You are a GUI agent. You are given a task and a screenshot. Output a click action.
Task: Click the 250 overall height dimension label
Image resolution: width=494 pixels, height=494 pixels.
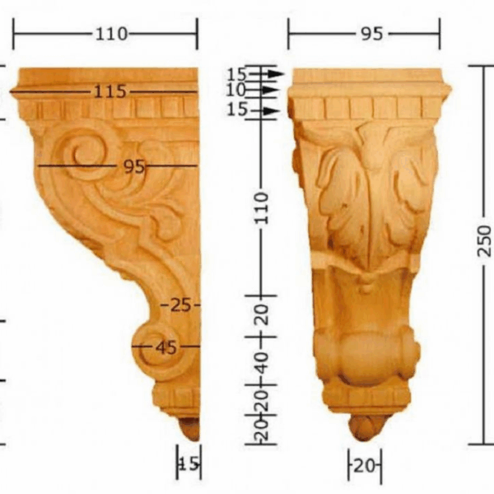point(485,249)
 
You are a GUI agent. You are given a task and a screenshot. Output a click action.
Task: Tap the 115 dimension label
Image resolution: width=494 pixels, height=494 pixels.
point(110,91)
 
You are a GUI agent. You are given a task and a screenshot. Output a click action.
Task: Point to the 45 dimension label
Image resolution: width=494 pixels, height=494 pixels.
point(165,347)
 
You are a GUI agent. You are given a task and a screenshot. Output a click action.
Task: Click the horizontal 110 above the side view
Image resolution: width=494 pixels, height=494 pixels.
point(111,34)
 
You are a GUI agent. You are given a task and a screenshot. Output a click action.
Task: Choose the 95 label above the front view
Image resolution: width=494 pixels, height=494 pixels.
point(371,34)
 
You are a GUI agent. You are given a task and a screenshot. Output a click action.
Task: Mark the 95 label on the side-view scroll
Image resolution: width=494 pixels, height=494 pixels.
point(133,166)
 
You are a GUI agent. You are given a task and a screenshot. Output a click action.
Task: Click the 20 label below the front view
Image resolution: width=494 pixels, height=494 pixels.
point(363,466)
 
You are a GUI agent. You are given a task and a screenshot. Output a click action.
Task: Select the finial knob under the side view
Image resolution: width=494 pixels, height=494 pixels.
point(190,429)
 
